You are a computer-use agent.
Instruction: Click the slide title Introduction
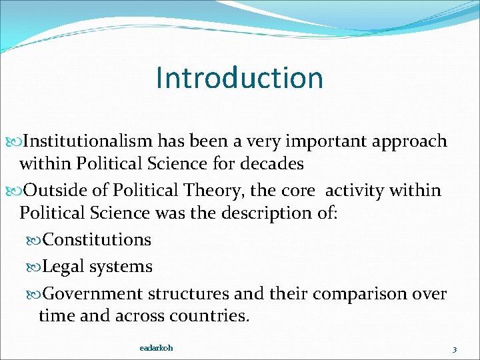(239, 77)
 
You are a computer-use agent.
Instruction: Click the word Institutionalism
(89, 141)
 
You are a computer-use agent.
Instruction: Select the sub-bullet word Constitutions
(97, 239)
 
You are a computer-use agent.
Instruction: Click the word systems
(121, 267)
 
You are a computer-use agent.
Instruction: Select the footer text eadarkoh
(157, 348)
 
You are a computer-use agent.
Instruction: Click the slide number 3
(454, 349)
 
